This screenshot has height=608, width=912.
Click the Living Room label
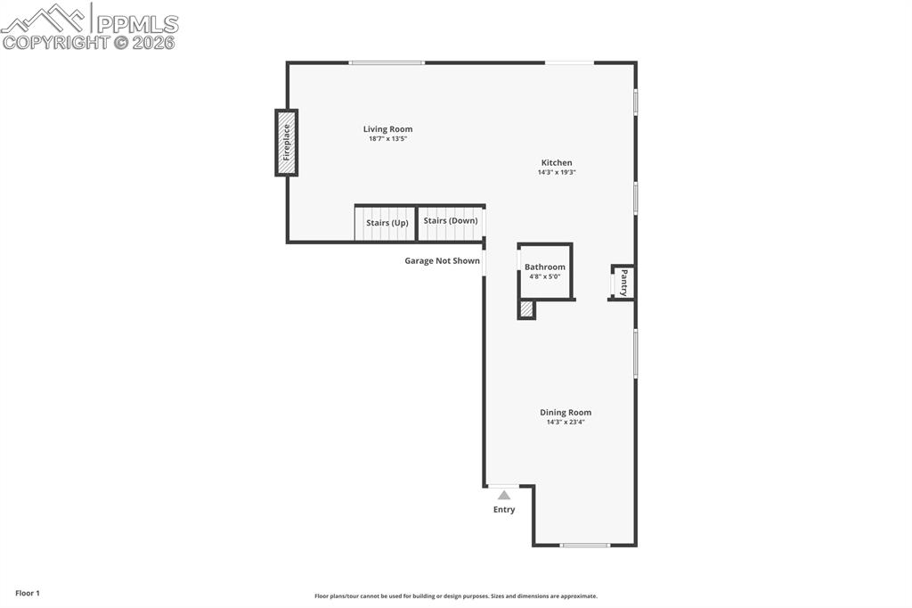click(x=387, y=129)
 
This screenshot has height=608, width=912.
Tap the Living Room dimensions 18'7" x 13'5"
click(x=387, y=139)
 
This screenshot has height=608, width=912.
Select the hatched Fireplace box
click(x=286, y=143)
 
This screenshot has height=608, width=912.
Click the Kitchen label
click(x=557, y=162)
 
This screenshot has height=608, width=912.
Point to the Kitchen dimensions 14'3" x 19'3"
click(x=557, y=173)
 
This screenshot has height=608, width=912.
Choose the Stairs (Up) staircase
click(x=386, y=223)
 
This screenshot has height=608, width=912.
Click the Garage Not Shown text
click(x=442, y=261)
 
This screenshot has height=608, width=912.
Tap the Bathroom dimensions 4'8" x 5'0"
click(x=545, y=277)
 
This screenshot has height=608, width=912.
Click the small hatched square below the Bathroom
click(x=526, y=309)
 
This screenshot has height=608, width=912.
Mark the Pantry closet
click(x=623, y=282)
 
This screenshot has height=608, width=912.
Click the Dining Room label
click(x=566, y=412)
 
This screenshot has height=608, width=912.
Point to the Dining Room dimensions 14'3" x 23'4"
click(x=566, y=423)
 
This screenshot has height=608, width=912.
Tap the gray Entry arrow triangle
click(x=504, y=495)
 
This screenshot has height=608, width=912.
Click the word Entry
click(x=504, y=510)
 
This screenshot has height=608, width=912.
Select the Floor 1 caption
click(x=28, y=593)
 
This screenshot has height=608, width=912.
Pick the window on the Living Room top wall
click(x=387, y=62)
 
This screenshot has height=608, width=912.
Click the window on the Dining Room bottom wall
click(x=585, y=545)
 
